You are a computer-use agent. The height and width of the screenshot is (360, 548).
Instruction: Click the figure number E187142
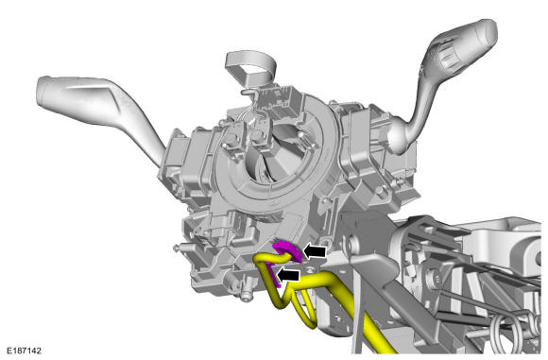[25, 351]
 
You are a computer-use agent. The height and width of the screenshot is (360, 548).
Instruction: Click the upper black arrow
[315, 251]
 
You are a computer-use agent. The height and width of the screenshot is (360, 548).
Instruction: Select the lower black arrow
[288, 275]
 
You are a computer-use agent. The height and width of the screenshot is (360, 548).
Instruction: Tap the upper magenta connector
[287, 249]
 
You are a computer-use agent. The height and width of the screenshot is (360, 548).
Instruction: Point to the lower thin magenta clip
[273, 275]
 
